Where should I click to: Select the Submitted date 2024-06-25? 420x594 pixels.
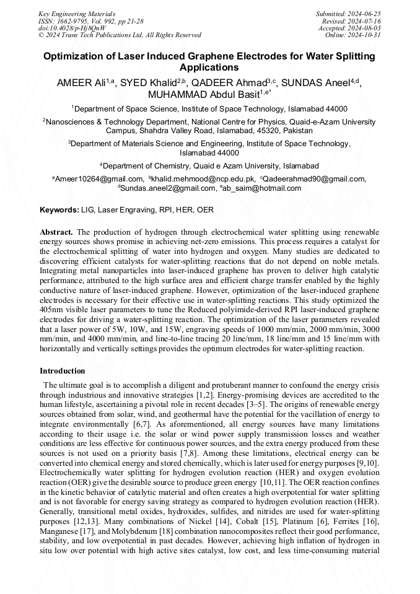pyautogui.click(x=369, y=14)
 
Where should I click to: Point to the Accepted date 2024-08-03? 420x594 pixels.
pyautogui.click(x=369, y=28)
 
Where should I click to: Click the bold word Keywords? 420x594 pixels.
pyautogui.click(x=59, y=210)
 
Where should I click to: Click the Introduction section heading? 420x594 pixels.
pyautogui.click(x=63, y=371)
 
